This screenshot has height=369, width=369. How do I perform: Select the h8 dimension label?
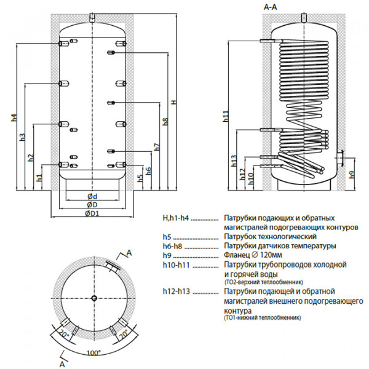[165, 121]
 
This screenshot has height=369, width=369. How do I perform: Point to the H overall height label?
[174, 101]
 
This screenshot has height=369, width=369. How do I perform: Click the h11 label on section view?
[226, 116]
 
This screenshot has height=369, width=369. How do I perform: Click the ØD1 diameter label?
[93, 213]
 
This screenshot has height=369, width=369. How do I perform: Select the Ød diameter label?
[93, 196]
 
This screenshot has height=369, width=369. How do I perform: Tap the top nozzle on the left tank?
[93, 16]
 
